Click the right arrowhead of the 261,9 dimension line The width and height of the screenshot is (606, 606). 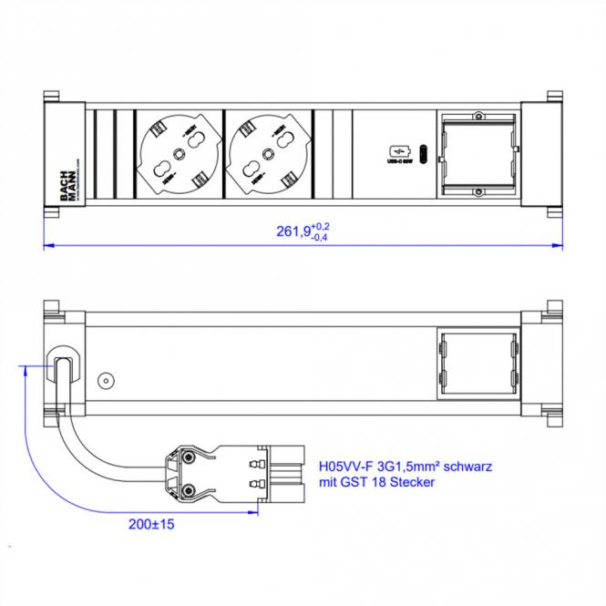click(x=558, y=243)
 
